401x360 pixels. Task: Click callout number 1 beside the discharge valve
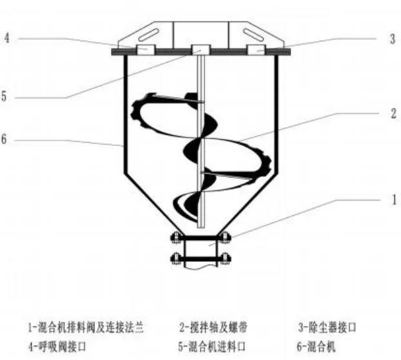pos(393,199)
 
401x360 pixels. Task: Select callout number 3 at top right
pos(393,39)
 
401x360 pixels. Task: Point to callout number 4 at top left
pos(6,38)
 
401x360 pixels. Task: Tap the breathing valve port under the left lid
pos(143,50)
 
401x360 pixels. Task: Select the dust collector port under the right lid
pos(258,50)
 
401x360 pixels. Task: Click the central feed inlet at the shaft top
pos(200,50)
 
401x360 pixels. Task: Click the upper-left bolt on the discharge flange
pos(174,237)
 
